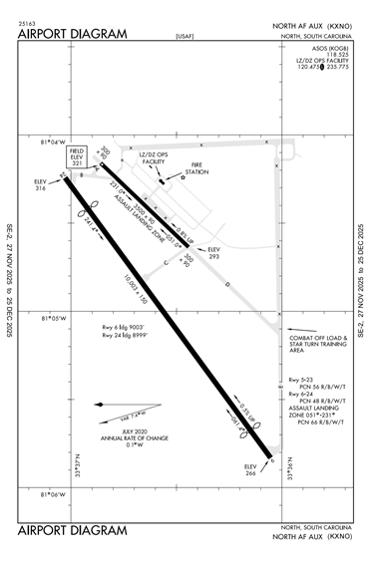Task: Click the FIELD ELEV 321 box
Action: click(77, 158)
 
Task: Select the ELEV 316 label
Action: click(41, 184)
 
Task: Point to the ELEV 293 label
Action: click(212, 253)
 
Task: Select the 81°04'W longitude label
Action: click(52, 142)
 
